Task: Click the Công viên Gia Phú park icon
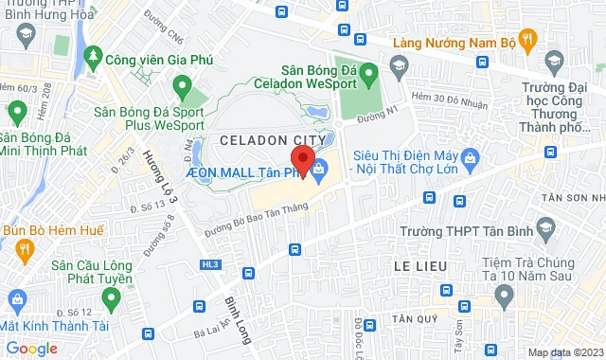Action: (93, 59)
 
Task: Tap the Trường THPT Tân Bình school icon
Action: (544, 226)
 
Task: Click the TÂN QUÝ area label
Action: (417, 318)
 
